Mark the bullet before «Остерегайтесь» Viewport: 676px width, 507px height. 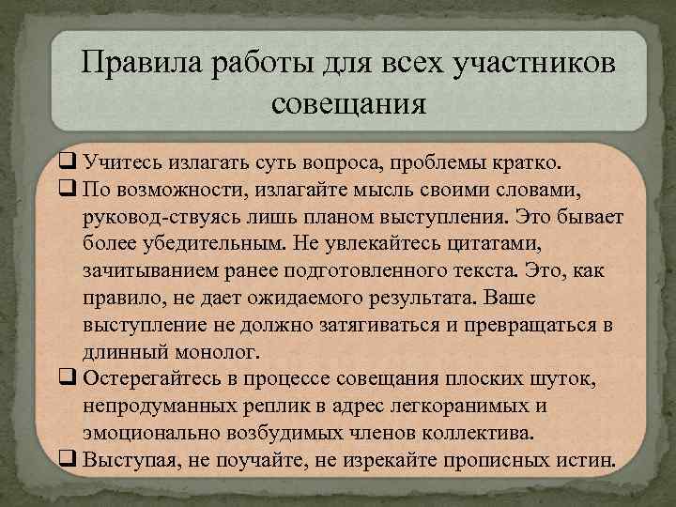pos(68,378)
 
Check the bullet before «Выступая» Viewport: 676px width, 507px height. pos(68,459)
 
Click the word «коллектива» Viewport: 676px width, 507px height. pos(480,433)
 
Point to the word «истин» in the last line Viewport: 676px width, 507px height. pos(585,460)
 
